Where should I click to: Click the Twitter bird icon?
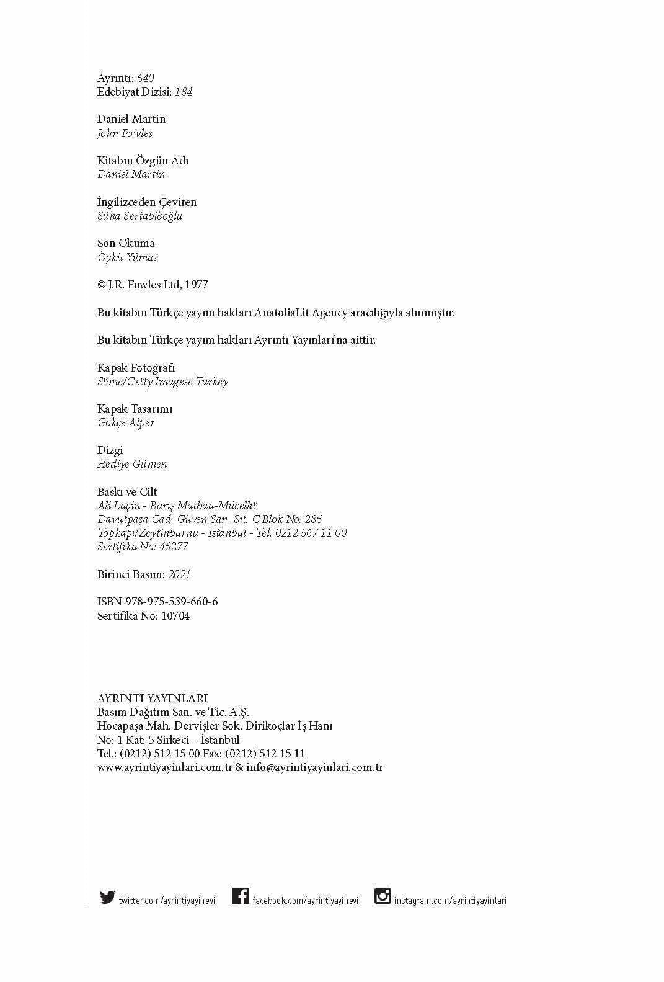[x=107, y=897]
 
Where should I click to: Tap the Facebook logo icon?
[x=241, y=896]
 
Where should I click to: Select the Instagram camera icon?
[x=383, y=896]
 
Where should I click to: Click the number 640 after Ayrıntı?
[x=145, y=78]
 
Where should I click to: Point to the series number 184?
[x=184, y=92]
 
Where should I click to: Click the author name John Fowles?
[x=125, y=133]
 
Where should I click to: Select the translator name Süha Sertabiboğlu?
[x=139, y=216]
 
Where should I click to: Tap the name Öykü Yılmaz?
[x=128, y=257]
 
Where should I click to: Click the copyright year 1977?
[x=196, y=285]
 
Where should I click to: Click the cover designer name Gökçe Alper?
[x=126, y=422]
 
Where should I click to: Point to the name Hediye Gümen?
[x=132, y=464]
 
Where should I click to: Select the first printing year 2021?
[x=179, y=574]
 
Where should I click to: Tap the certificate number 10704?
[x=175, y=616]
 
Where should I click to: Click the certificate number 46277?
[x=174, y=547]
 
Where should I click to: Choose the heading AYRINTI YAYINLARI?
[x=153, y=699]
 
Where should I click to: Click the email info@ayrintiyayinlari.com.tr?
[x=314, y=767]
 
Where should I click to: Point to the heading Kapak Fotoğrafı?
[x=136, y=368]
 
